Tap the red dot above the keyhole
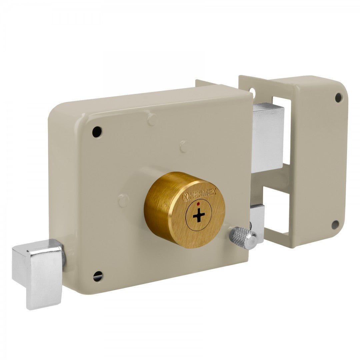click(x=198, y=203)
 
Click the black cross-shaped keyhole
click(x=199, y=216)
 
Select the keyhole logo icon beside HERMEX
click(x=186, y=197)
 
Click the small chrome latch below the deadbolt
click(x=257, y=218)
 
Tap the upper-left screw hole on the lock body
click(x=97, y=132)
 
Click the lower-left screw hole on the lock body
click(x=98, y=276)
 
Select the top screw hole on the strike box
click(x=338, y=97)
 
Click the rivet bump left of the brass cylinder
click(x=123, y=200)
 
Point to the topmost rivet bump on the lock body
click(x=152, y=119)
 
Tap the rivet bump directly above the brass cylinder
click(x=184, y=146)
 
